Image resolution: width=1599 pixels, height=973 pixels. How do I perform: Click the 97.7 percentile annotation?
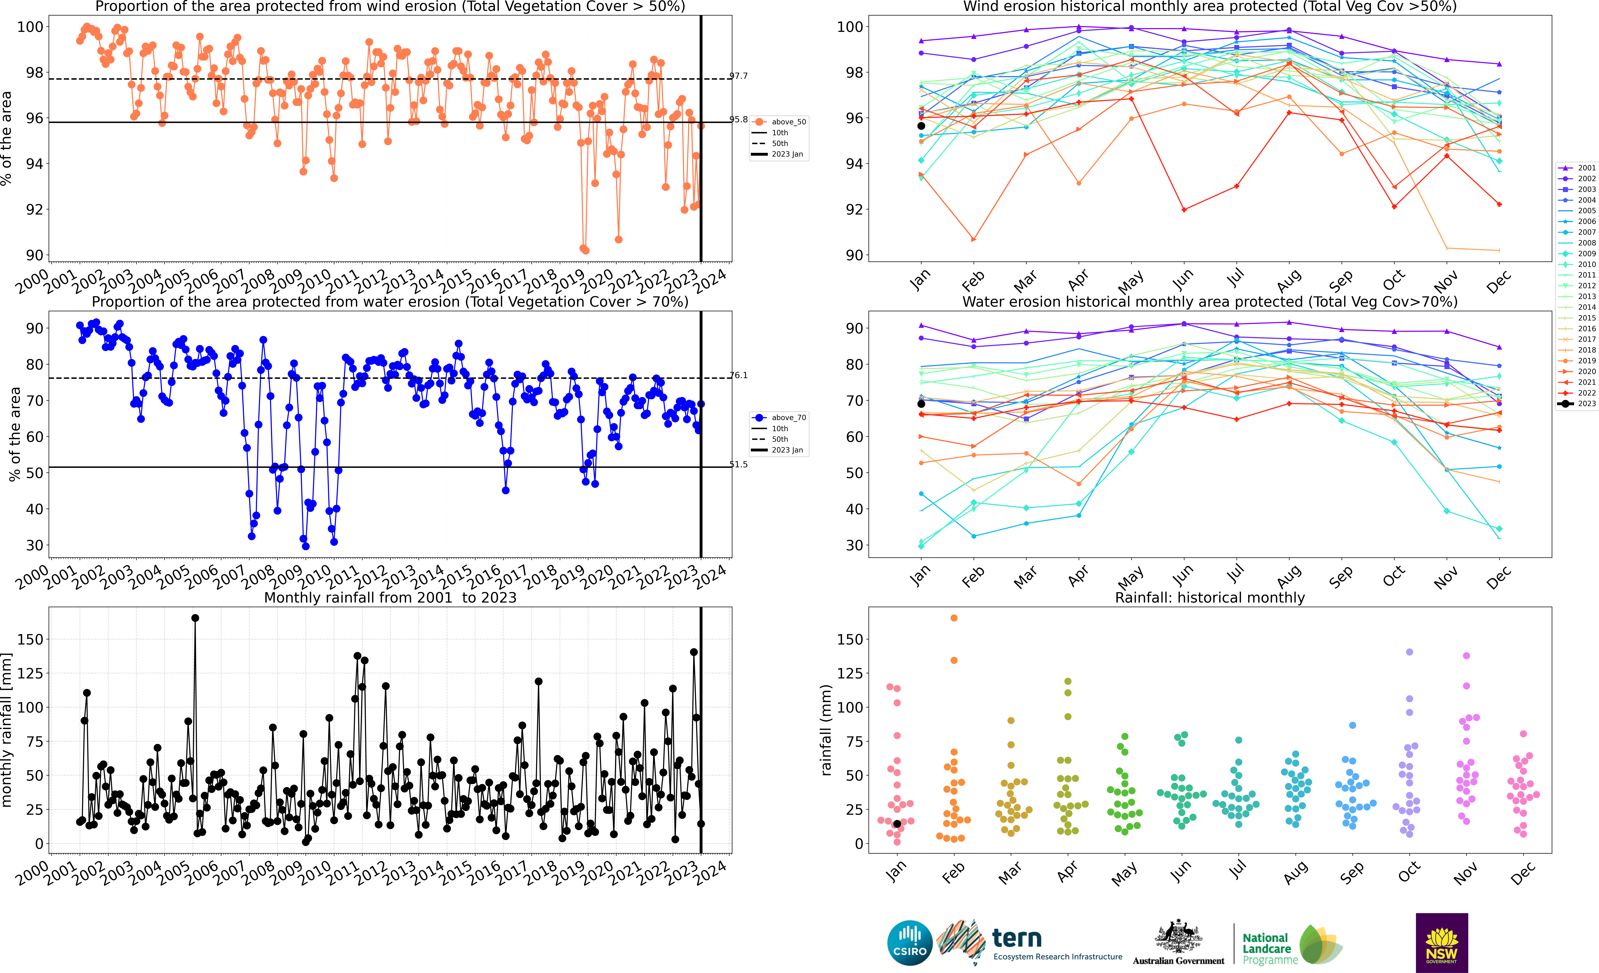(x=739, y=76)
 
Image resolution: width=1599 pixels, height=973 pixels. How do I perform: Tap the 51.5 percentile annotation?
(x=739, y=464)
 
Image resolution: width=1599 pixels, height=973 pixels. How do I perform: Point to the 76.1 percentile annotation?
(x=739, y=375)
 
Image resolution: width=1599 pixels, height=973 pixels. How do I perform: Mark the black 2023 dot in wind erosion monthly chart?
(x=921, y=126)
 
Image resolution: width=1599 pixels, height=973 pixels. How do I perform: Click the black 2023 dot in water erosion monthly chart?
(x=921, y=404)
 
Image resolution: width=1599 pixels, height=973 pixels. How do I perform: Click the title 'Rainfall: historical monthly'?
(x=1210, y=597)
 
